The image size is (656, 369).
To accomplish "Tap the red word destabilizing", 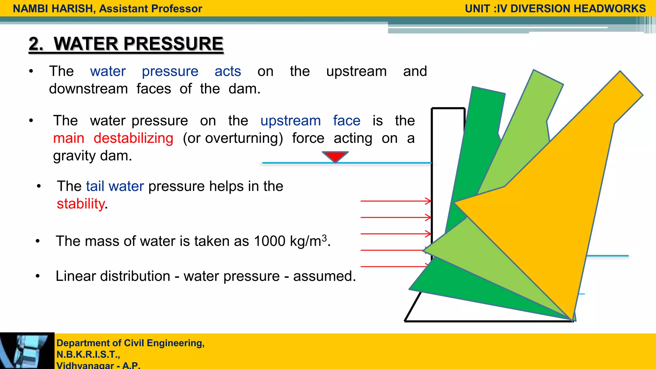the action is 134,138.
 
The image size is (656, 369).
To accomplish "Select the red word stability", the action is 81,204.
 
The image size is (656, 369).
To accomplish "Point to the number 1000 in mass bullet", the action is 269,241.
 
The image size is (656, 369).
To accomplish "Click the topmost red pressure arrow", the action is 396,201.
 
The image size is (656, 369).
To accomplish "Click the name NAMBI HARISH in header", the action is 53,9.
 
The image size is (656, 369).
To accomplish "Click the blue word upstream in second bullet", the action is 291,121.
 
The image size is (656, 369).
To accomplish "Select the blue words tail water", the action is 115,186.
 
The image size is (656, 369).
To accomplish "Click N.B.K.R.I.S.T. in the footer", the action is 88,355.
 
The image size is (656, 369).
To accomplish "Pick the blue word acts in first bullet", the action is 228,71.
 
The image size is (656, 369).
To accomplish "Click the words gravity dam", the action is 93,156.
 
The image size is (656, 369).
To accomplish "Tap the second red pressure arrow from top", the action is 396,217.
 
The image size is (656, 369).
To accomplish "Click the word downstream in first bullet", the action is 88,89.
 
